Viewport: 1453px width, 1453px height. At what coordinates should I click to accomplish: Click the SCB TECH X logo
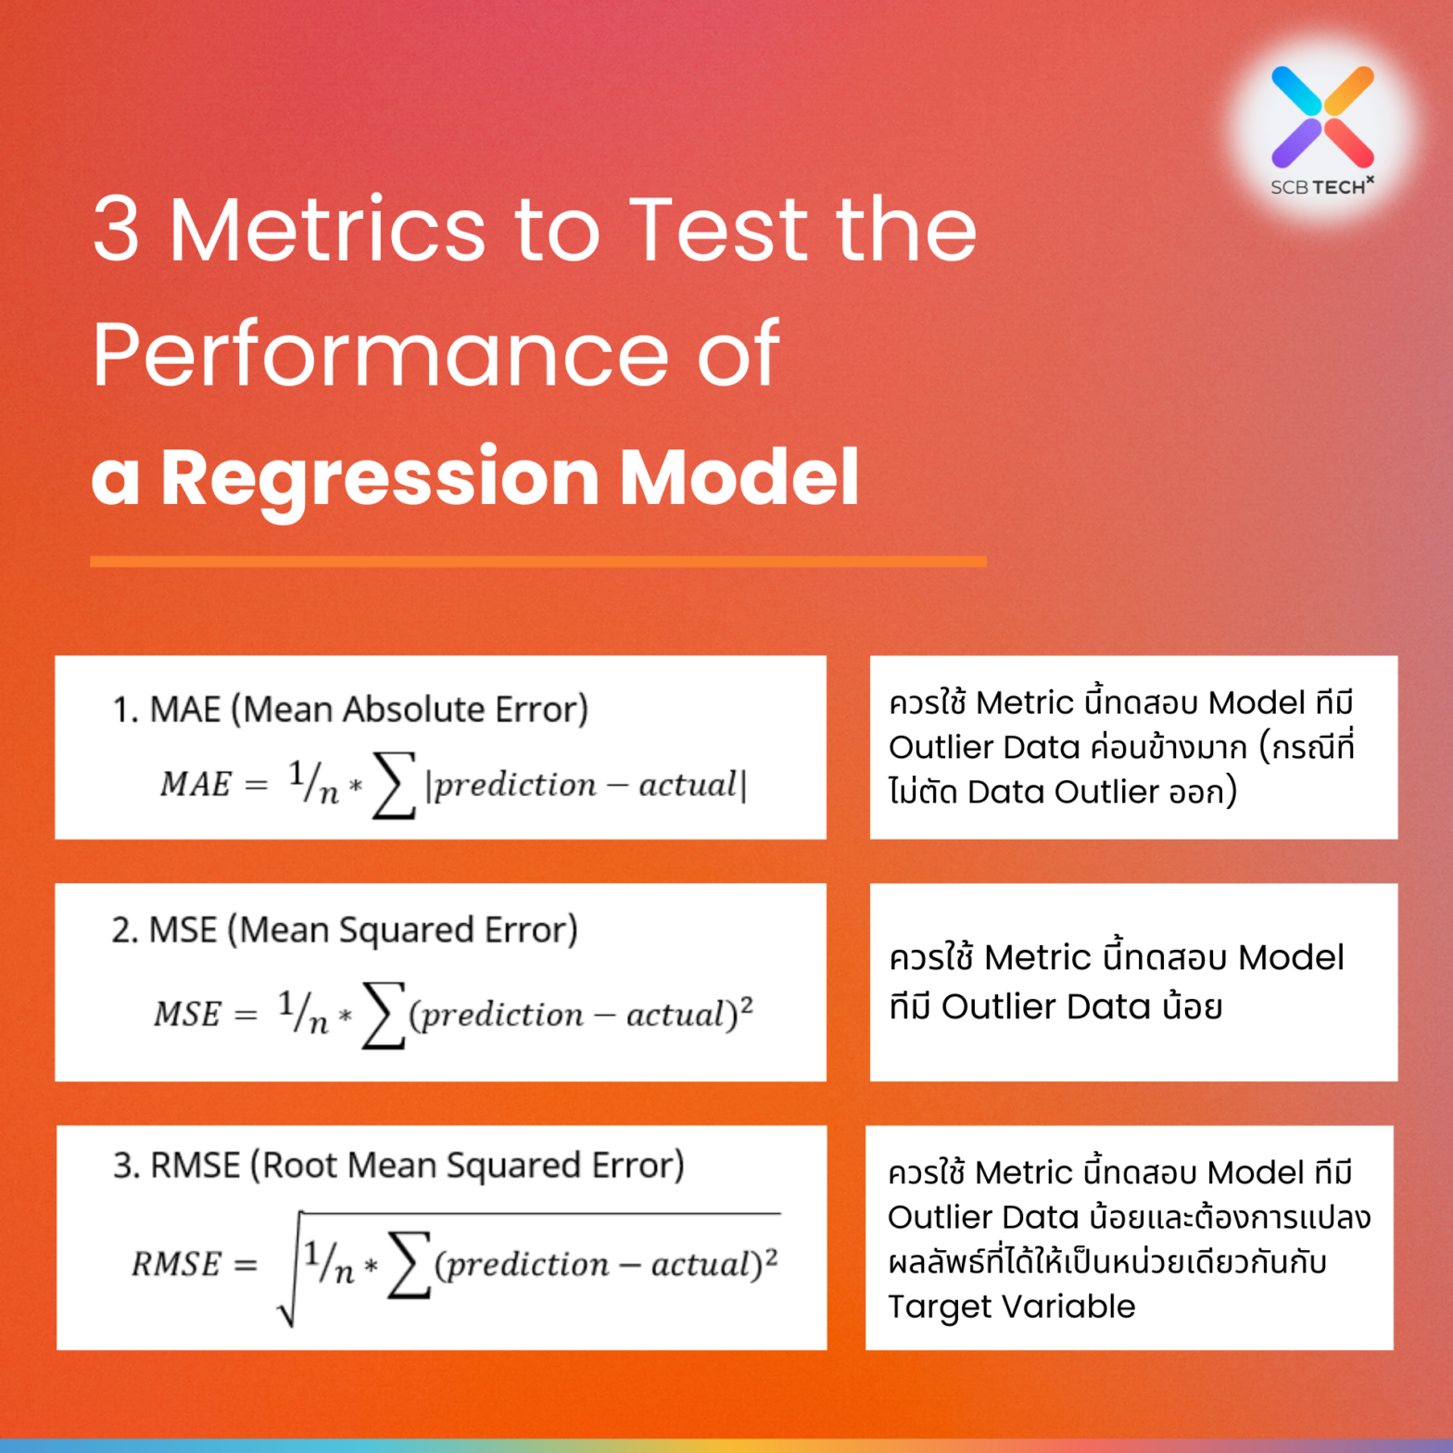1322,127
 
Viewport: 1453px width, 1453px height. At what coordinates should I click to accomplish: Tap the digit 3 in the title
117,228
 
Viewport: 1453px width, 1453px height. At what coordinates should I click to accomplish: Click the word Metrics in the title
327,228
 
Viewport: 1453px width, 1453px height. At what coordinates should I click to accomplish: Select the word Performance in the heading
380,353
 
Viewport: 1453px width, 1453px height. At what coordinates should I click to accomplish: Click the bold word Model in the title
739,476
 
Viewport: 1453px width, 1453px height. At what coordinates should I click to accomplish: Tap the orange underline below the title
537,562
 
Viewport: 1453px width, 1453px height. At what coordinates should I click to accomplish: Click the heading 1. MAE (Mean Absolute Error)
350,709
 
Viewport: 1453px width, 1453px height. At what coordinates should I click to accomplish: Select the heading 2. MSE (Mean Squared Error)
345,929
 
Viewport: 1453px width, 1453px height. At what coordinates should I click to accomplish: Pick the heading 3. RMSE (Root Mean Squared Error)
398,1165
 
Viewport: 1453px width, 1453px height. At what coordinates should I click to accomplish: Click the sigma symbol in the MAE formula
393,786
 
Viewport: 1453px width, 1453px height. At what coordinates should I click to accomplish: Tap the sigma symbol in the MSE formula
383,1015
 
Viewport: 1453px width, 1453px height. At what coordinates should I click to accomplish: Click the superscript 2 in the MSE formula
747,1004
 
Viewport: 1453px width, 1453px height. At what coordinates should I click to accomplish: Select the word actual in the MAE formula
688,785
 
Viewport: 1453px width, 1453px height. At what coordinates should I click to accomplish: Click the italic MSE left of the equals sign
187,1015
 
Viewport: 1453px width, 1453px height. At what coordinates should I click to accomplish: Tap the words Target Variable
1011,1306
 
